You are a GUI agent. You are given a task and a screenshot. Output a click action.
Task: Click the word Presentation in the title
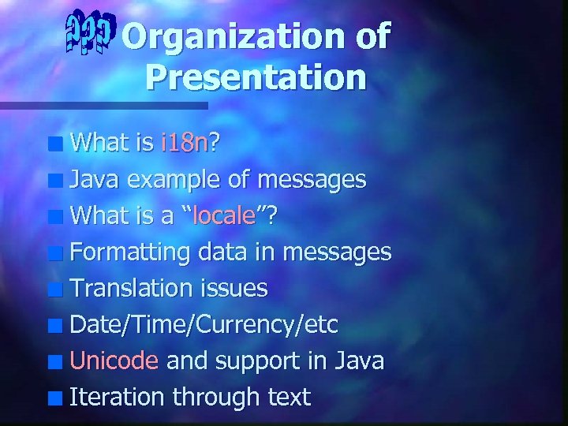point(256,77)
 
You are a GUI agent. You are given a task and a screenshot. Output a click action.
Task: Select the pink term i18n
point(185,143)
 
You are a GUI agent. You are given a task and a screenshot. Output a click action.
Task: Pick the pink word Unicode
point(114,361)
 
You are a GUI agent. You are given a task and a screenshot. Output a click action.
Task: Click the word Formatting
point(130,252)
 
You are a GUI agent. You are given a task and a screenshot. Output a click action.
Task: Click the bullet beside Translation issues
point(55,290)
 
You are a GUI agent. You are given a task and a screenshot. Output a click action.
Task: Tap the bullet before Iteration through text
point(55,398)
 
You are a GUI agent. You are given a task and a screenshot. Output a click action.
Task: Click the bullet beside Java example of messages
point(55,181)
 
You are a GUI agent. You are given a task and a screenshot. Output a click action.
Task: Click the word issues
point(237,288)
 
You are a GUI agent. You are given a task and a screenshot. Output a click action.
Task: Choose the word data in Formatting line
point(222,252)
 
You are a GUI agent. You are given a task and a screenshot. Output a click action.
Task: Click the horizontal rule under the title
point(103,105)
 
